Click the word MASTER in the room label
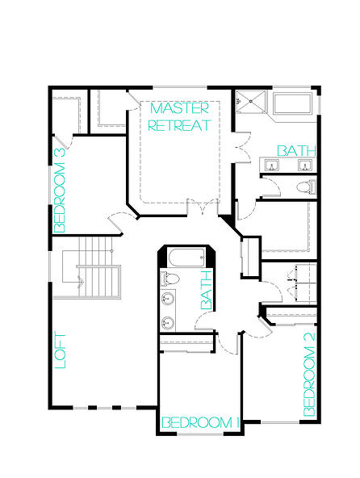(179, 108)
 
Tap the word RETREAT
(179, 125)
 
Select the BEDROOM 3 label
(60, 191)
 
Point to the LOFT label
(61, 351)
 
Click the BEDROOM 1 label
(200, 422)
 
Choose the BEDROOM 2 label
(309, 375)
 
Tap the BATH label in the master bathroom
(296, 151)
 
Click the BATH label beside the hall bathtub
(207, 290)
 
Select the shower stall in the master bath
(251, 101)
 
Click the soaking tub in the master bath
(292, 103)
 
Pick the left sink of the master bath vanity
(271, 166)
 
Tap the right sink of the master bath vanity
(304, 166)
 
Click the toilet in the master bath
(307, 187)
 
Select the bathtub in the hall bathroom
(186, 258)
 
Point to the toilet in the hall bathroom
(170, 278)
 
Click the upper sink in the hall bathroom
(167, 298)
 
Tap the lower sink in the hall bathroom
(167, 322)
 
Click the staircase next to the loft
(91, 267)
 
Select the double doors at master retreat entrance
(203, 207)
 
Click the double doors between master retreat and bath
(242, 147)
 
